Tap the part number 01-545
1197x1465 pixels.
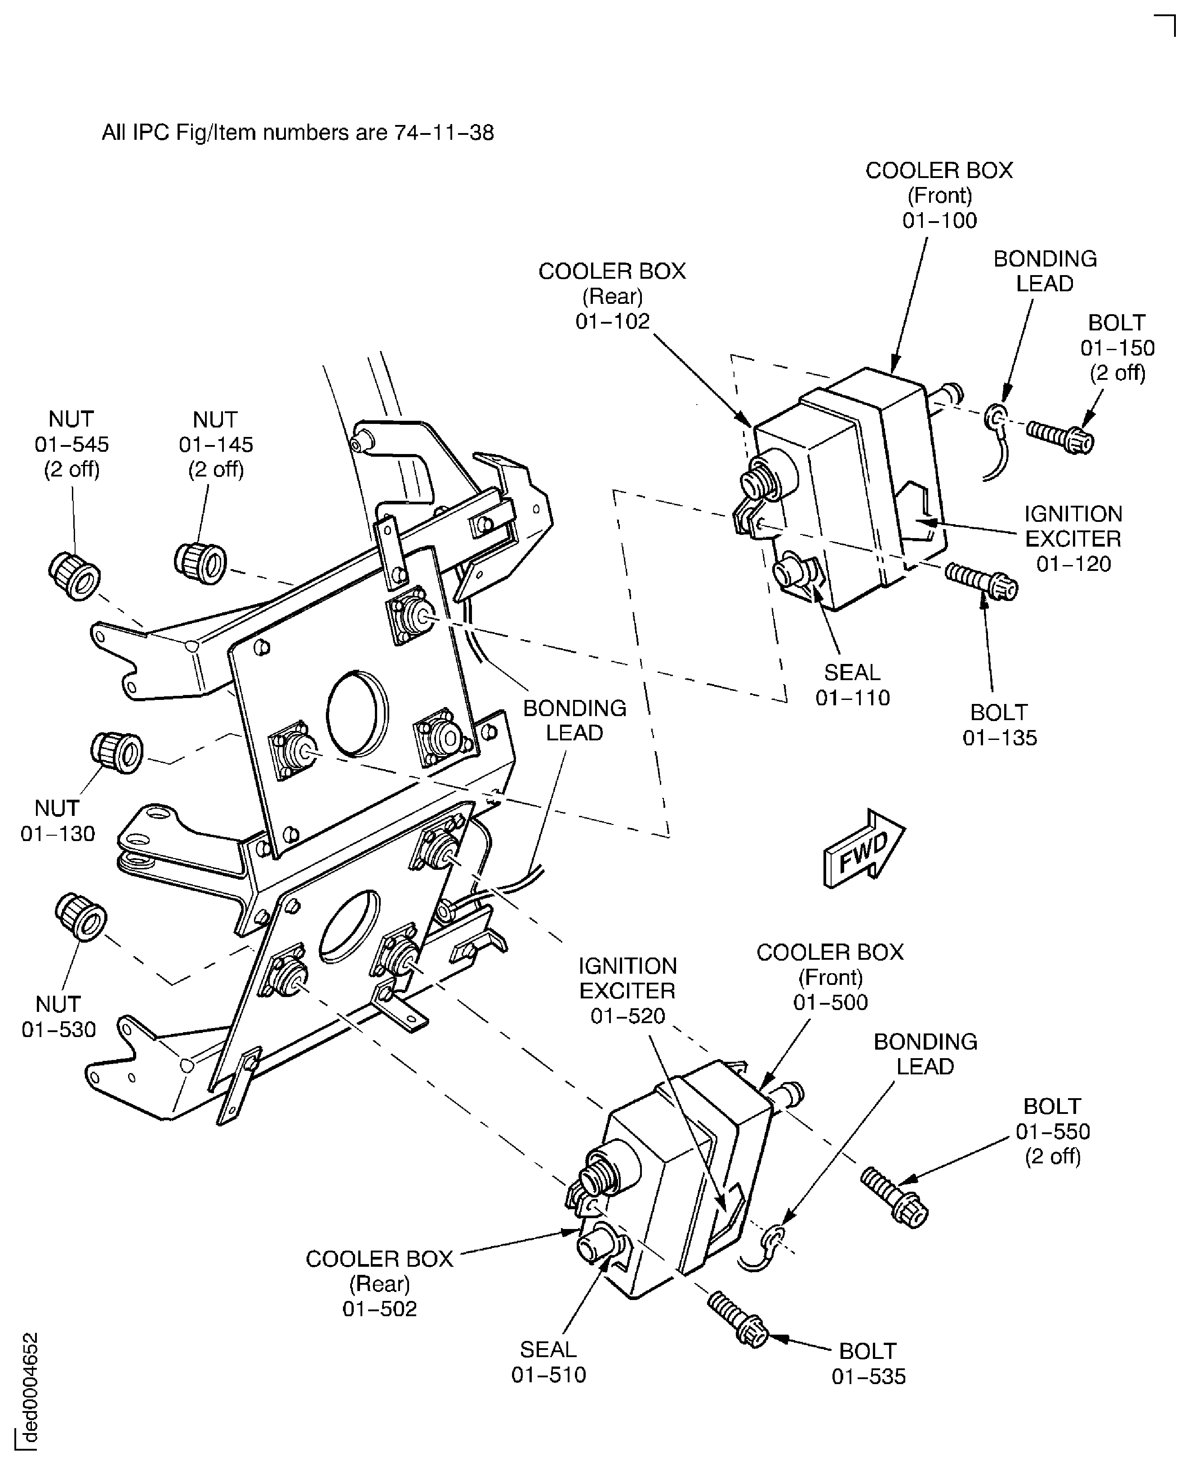72,445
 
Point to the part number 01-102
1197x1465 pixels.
612,322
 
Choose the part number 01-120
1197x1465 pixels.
1073,564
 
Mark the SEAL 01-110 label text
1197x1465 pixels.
852,685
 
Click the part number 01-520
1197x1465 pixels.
627,1015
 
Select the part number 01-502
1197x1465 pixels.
380,1309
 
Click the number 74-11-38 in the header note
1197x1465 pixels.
444,132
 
